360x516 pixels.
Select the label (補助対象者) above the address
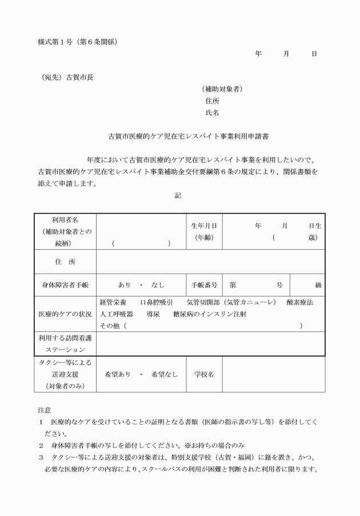[222, 89]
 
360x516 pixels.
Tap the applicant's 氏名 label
[212, 113]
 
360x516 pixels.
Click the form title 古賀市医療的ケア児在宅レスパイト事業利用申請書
[181, 137]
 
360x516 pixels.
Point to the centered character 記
[178, 195]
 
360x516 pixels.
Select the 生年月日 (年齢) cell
[203, 231]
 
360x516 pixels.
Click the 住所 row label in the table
[65, 262]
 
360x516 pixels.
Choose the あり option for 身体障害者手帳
[125, 285]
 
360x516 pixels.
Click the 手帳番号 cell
[203, 285]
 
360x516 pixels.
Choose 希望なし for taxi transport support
[165, 374]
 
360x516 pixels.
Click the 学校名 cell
[203, 374]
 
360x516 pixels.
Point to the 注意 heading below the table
[45, 410]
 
